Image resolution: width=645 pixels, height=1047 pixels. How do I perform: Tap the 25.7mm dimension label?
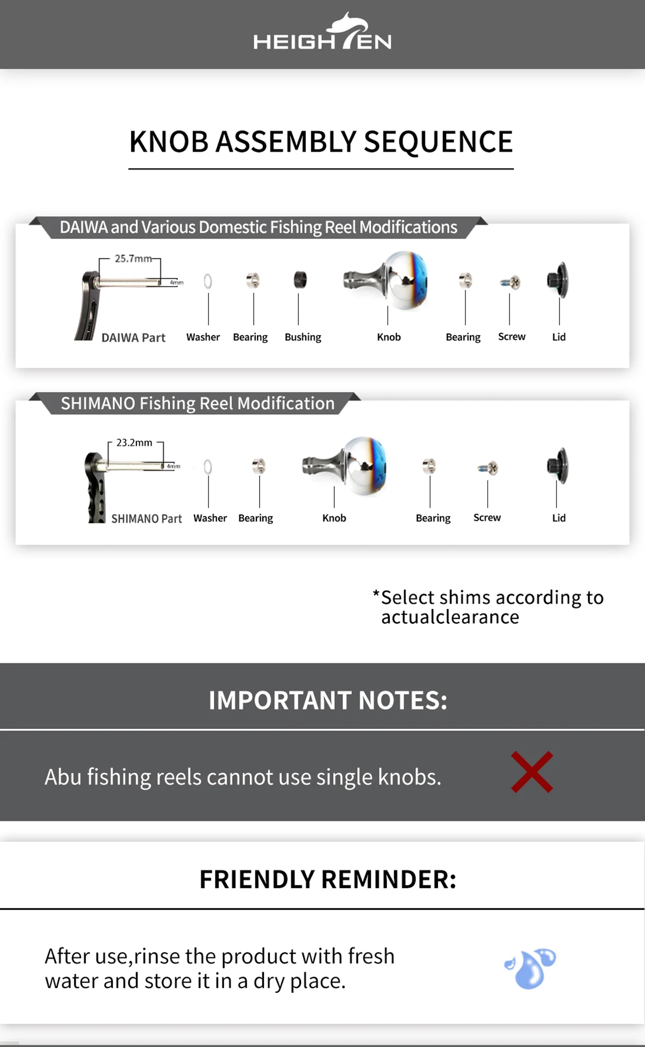(x=133, y=258)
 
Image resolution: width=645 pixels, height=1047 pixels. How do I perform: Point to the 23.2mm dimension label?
(x=134, y=443)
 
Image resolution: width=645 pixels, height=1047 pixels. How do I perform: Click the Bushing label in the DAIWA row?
(x=303, y=337)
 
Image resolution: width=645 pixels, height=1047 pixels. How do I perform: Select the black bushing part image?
(x=300, y=280)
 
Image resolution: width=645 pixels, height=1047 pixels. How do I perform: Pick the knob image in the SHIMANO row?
(x=345, y=465)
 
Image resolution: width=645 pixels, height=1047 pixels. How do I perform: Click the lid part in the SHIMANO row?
(x=558, y=465)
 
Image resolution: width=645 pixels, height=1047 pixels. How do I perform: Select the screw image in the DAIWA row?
(x=510, y=282)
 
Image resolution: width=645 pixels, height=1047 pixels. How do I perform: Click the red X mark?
(x=532, y=772)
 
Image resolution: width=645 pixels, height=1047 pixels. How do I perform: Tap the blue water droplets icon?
(x=531, y=969)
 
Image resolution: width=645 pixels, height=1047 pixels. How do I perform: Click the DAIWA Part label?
(x=133, y=338)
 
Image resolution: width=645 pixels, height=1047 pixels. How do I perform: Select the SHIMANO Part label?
(x=147, y=519)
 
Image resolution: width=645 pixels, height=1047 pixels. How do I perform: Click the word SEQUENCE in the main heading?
(x=439, y=142)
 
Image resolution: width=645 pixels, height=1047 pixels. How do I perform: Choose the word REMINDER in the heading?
(x=389, y=879)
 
